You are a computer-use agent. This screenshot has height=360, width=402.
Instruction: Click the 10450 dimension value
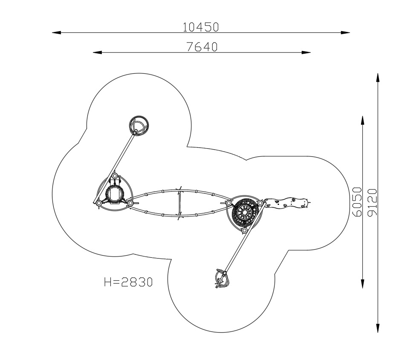point(201,27)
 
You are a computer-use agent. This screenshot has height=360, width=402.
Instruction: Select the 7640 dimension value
point(202,46)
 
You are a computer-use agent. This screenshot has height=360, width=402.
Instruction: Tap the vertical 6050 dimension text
point(357,202)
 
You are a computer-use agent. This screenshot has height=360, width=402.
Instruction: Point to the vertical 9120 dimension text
point(372,202)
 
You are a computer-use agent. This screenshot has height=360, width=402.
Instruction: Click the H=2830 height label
point(128,282)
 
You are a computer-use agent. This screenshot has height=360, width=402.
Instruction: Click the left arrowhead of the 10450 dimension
point(56,32)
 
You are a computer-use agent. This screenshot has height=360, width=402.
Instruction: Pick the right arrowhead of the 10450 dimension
point(345,32)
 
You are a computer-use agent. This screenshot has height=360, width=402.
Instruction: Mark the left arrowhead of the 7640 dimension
point(97,52)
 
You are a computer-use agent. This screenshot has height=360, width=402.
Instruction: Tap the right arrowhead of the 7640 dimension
point(306,52)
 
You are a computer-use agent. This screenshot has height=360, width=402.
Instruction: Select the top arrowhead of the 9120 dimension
point(378,78)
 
